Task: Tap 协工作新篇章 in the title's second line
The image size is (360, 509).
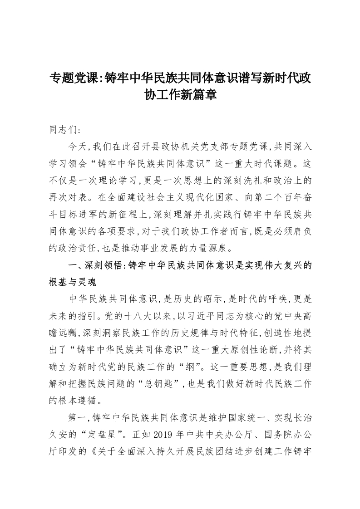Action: pos(180,95)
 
